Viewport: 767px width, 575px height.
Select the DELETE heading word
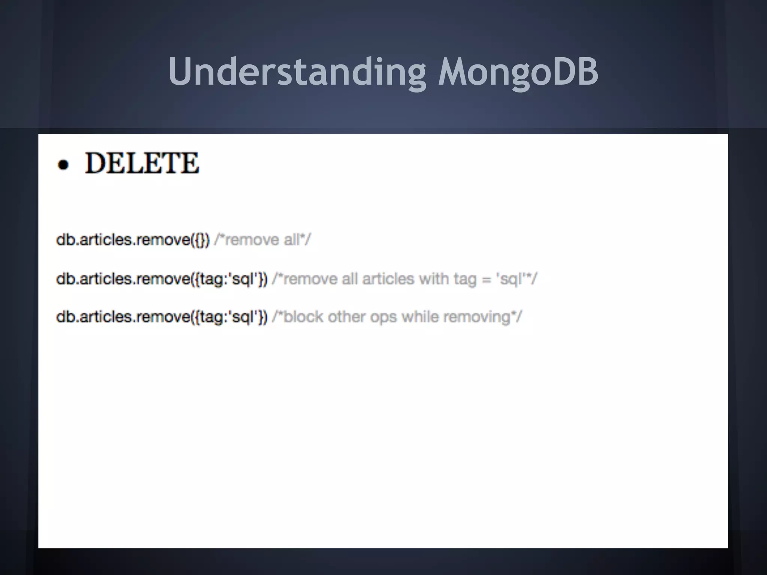[142, 163]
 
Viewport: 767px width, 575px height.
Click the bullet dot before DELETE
[64, 165]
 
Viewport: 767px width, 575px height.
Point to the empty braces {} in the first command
[200, 240]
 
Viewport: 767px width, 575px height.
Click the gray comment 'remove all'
[263, 240]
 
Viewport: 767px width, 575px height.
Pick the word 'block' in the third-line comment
[303, 317]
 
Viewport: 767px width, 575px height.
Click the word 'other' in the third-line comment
[346, 317]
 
